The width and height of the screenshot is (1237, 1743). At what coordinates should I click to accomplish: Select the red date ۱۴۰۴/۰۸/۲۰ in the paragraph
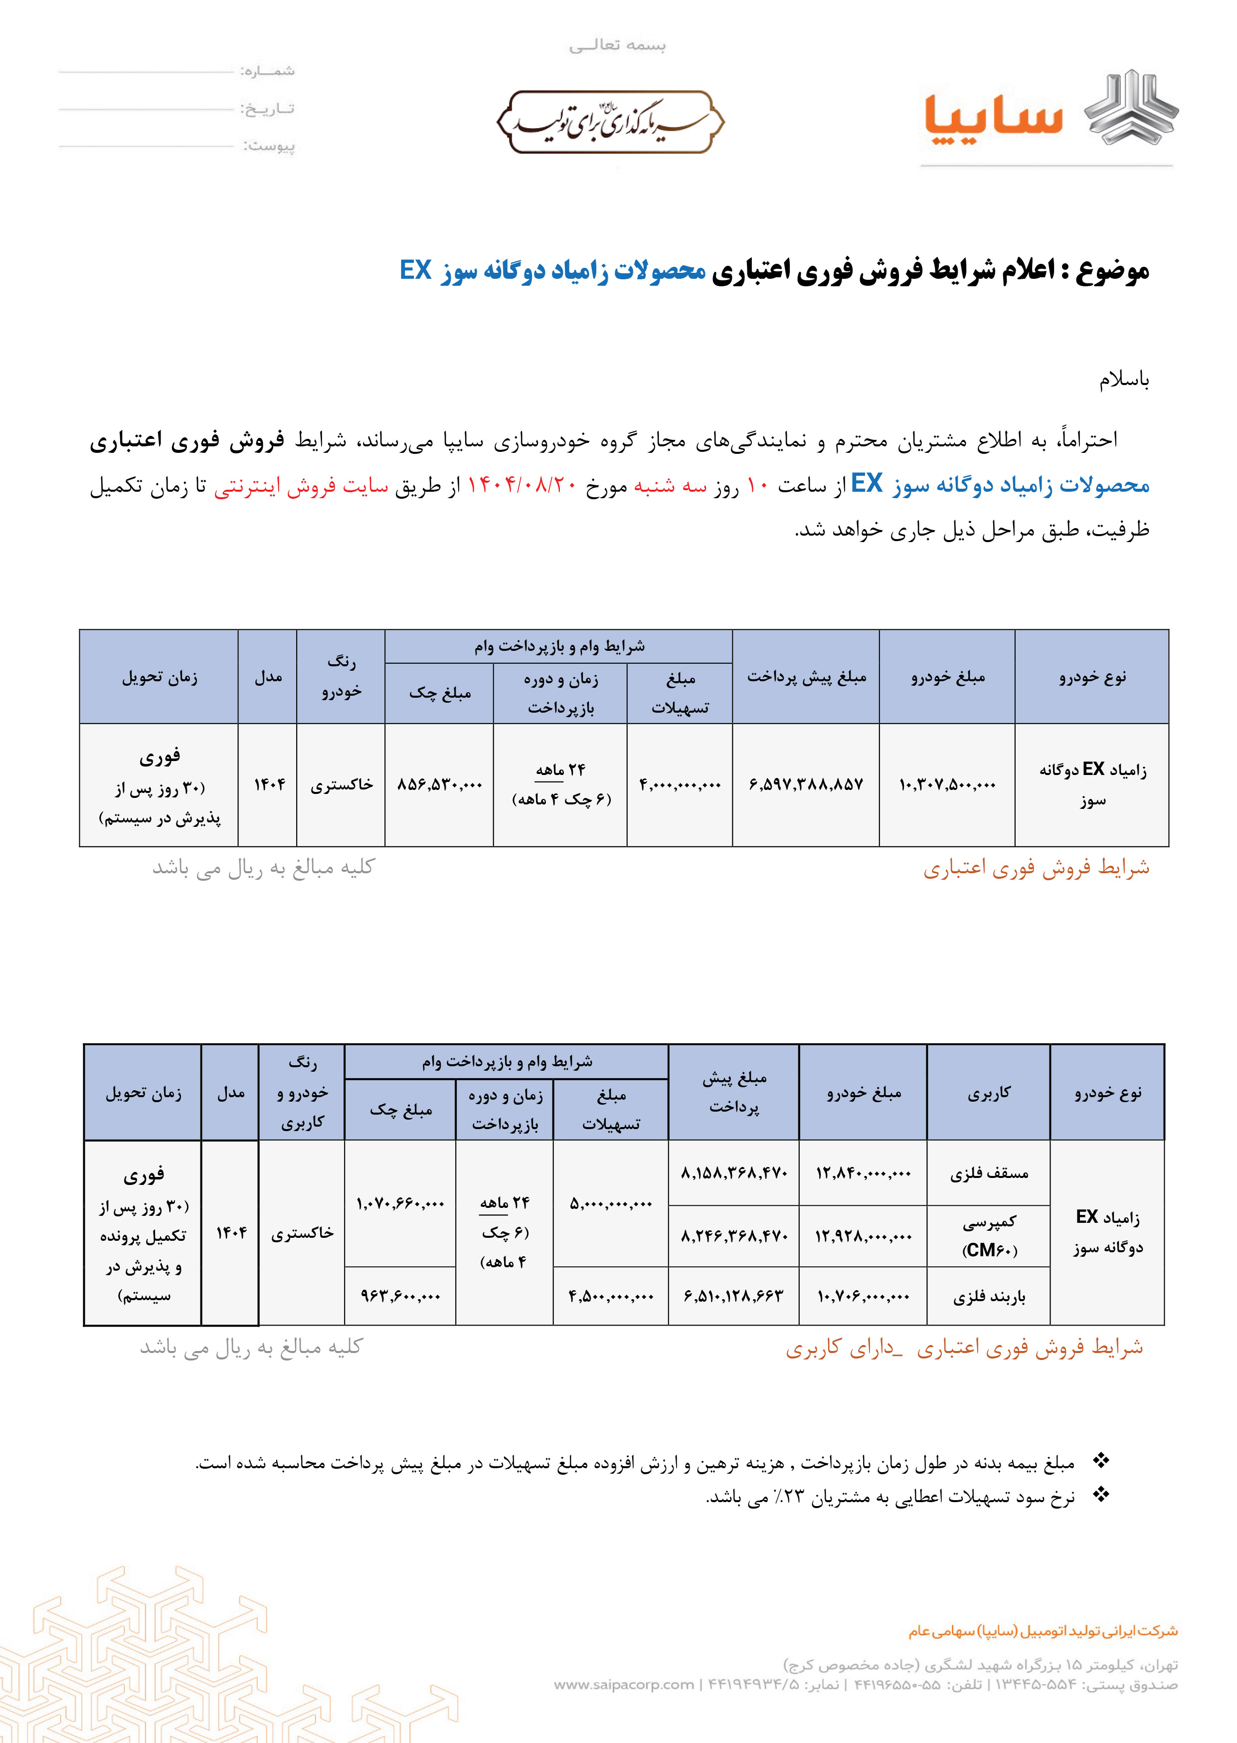click(522, 485)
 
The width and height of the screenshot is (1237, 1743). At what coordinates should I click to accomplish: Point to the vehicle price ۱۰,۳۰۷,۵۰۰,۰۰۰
click(947, 784)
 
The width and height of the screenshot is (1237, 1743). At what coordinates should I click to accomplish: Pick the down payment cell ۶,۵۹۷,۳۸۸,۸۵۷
click(806, 784)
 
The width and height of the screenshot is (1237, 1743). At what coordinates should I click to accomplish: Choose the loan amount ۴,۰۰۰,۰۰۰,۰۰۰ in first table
click(680, 784)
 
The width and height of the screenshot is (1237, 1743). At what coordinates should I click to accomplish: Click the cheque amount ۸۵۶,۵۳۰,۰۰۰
click(439, 784)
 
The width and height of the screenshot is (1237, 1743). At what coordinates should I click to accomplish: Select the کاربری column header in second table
click(989, 1093)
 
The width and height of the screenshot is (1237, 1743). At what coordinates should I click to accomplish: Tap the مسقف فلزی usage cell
click(989, 1173)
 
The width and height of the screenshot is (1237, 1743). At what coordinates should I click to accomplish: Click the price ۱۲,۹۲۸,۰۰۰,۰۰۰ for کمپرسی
click(863, 1236)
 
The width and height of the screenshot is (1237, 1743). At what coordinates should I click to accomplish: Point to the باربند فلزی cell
click(989, 1297)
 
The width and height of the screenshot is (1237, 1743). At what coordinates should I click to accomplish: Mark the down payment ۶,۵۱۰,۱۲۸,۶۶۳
click(733, 1297)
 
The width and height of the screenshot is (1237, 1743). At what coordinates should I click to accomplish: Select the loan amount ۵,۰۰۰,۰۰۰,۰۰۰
click(611, 1204)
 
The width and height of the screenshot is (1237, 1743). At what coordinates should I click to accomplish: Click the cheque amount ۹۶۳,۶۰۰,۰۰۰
click(401, 1297)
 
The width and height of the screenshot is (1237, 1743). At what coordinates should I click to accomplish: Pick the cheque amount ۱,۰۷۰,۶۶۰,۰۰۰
click(401, 1204)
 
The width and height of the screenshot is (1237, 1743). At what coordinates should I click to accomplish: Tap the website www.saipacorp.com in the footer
click(624, 1684)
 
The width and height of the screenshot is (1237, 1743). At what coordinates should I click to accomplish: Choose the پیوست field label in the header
click(269, 146)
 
